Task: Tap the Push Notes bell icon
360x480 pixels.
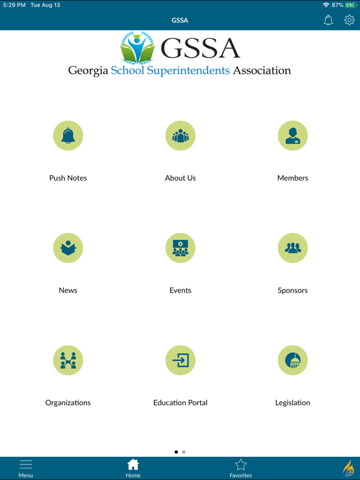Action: point(68,136)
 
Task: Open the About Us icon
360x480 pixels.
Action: point(180,136)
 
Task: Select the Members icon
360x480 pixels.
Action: point(292,136)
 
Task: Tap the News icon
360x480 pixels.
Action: point(68,248)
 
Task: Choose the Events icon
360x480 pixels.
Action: point(180,248)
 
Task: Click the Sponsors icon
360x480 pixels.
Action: point(292,248)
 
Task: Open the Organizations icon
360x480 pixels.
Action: point(68,361)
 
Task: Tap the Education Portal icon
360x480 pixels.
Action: point(180,361)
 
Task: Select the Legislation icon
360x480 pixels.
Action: point(292,361)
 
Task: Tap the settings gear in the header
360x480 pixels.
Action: point(349,20)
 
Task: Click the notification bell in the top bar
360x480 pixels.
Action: point(328,20)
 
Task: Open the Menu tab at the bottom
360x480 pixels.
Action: point(26,468)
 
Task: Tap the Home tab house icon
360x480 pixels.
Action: point(133,464)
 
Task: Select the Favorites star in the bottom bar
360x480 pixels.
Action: point(241,464)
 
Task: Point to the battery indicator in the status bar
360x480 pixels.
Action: point(351,5)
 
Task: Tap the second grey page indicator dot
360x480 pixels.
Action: point(184,452)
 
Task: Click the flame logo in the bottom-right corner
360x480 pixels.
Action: point(348,468)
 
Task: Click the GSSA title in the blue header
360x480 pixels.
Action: point(180,20)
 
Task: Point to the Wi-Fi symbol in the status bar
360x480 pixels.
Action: point(326,5)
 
